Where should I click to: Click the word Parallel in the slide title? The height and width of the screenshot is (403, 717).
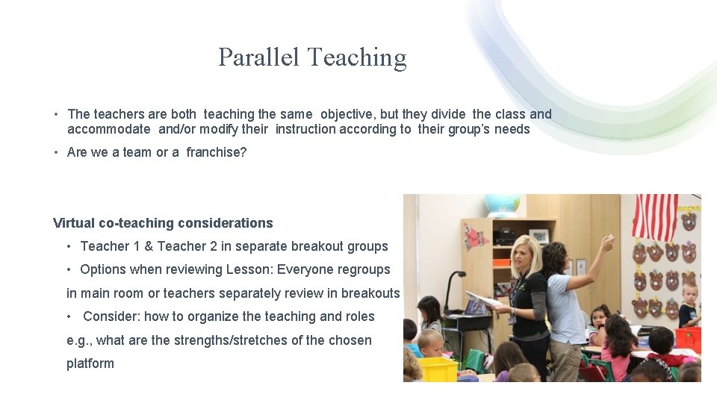coord(258,57)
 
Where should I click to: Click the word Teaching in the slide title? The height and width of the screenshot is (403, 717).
coord(356,57)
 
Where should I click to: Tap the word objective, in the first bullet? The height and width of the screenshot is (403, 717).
coord(348,114)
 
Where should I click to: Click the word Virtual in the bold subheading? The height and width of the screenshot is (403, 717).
coord(73,223)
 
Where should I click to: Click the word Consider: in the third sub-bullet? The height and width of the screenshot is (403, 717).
coord(111,316)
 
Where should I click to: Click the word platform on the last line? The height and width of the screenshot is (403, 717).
coord(90,363)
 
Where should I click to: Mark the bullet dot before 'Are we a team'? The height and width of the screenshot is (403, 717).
coord(57,152)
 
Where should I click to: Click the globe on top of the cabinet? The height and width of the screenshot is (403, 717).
coord(502,204)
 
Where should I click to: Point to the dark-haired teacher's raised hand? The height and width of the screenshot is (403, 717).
coord(608,243)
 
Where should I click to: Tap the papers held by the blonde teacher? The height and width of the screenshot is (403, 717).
coord(485,301)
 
